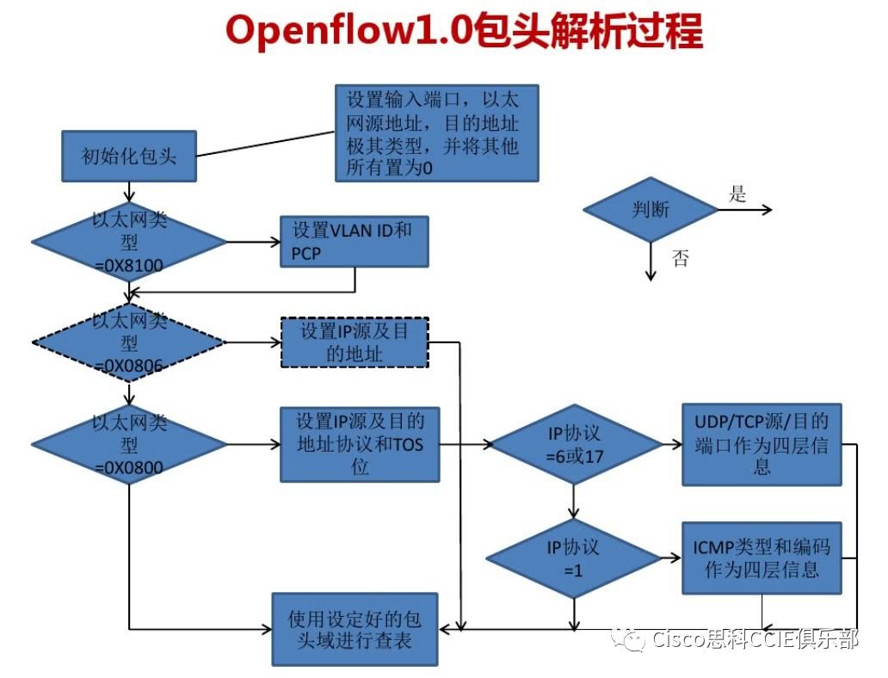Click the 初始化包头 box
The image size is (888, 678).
[129, 157]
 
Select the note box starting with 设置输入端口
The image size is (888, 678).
[436, 133]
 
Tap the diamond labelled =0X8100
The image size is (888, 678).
[129, 242]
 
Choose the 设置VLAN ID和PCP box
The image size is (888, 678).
[355, 242]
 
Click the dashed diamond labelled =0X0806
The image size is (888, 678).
[129, 342]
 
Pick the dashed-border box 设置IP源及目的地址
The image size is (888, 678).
[355, 342]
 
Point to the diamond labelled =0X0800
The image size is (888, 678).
[129, 444]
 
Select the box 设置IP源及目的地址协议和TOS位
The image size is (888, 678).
[360, 444]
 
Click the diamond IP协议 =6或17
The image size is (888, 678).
[575, 444]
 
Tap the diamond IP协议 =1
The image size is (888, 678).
[575, 558]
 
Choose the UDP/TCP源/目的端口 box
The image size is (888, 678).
[762, 444]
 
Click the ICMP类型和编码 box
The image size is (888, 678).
[762, 558]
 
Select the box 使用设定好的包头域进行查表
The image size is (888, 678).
[355, 628]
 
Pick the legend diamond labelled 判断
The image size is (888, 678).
[651, 210]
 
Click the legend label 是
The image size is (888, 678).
[737, 194]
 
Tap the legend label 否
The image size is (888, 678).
[681, 257]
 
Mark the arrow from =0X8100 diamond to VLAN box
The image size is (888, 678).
[253, 242]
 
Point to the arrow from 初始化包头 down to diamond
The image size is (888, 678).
[129, 192]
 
